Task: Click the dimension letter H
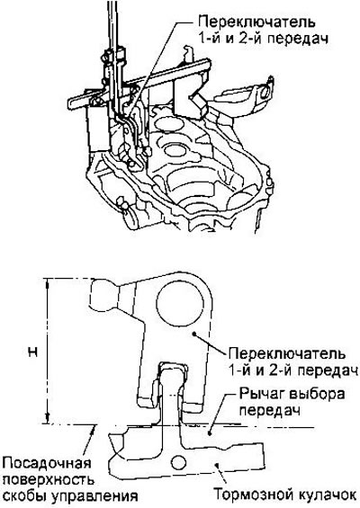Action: [x=32, y=352]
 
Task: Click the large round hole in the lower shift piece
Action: [x=180, y=303]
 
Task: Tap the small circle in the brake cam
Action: [x=179, y=463]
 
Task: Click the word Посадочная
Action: [x=47, y=464]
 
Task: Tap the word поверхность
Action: [x=48, y=480]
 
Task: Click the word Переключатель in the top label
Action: [x=256, y=22]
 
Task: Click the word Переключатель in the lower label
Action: [x=287, y=353]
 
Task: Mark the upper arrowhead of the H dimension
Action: [x=48, y=283]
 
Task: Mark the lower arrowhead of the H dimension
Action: [x=48, y=419]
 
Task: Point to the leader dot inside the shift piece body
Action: [x=193, y=333]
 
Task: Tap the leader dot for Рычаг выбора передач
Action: [x=210, y=432]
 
